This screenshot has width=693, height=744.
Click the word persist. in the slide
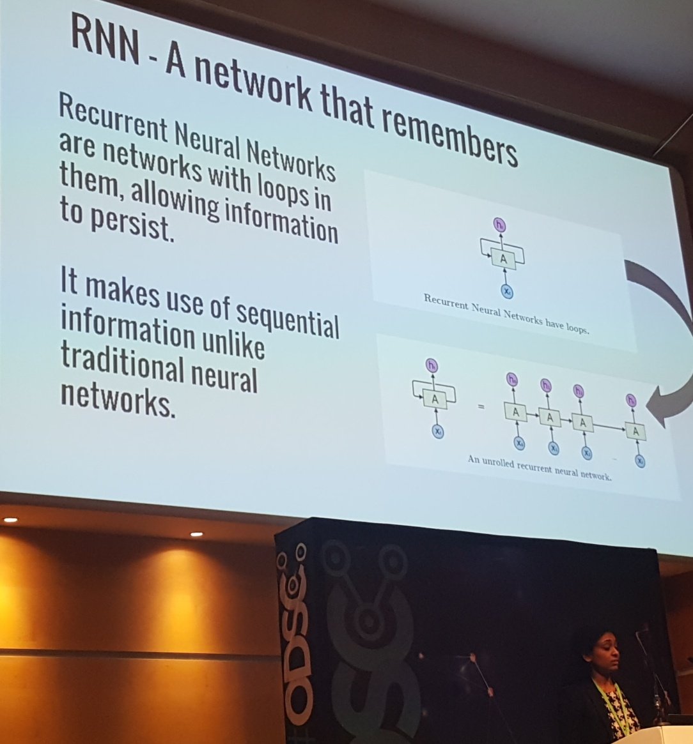[x=117, y=225]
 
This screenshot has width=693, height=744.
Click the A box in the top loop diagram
[x=503, y=259]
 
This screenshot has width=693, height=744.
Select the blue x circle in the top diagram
[x=506, y=291]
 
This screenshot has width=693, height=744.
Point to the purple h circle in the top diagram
[x=500, y=224]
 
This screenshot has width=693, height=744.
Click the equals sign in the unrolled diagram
[x=481, y=407]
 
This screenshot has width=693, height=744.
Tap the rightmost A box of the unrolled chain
[x=635, y=432]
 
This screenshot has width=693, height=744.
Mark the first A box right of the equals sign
[x=516, y=413]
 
